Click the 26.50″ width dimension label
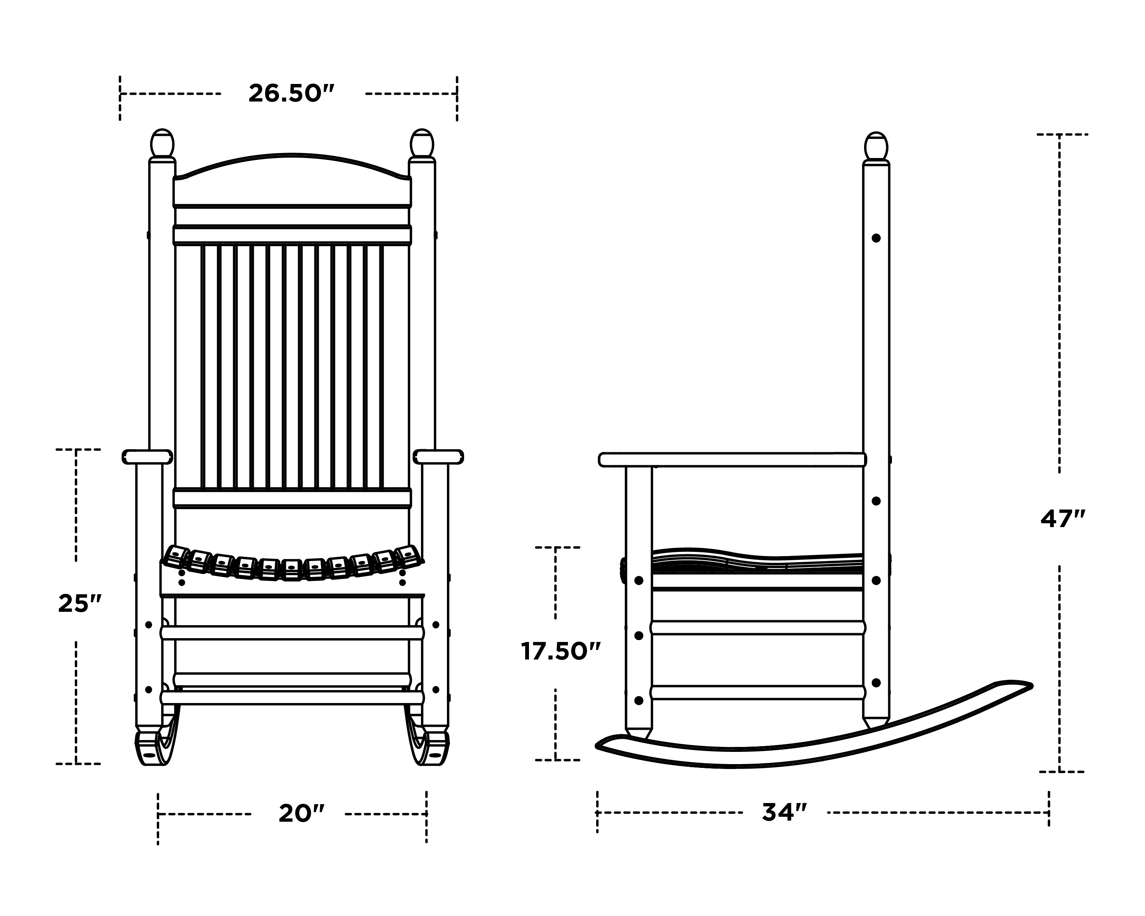tap(292, 94)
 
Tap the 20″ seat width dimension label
tap(301, 813)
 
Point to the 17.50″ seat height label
tap(560, 652)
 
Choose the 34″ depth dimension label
tap(784, 812)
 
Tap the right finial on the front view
tap(422, 144)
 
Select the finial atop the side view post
tap(876, 147)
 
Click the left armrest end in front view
tap(147, 457)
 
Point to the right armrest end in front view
tap(439, 457)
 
